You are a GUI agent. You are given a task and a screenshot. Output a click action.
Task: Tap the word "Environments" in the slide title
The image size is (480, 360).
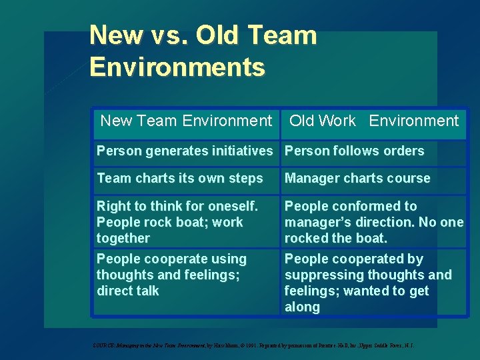pyautogui.click(x=177, y=67)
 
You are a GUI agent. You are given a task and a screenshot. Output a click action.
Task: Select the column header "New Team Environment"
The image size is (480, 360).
pyautogui.click(x=186, y=121)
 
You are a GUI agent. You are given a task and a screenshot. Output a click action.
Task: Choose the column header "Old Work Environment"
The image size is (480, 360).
pyautogui.click(x=374, y=121)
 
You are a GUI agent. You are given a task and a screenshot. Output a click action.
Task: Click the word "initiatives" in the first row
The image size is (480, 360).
pyautogui.click(x=241, y=151)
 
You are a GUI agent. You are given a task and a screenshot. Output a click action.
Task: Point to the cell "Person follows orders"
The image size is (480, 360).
pyautogui.click(x=354, y=151)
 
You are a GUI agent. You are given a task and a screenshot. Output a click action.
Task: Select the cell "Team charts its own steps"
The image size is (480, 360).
pyautogui.click(x=179, y=179)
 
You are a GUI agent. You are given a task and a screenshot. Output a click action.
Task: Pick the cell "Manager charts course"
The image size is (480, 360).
pyautogui.click(x=357, y=179)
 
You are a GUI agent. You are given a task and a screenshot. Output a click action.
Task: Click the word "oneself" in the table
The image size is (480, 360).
pyautogui.click(x=230, y=207)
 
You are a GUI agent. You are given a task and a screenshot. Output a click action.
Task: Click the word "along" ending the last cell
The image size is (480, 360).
pyautogui.click(x=302, y=307)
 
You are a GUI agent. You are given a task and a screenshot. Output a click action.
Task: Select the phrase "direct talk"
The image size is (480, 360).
pyautogui.click(x=127, y=291)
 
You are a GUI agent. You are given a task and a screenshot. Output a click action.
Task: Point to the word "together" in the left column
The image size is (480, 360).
pyautogui.click(x=123, y=239)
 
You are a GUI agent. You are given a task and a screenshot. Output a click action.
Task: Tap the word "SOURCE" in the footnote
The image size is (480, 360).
pyautogui.click(x=104, y=345)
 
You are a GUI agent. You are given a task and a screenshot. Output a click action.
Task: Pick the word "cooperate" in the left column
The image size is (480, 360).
pyautogui.click(x=168, y=259)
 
